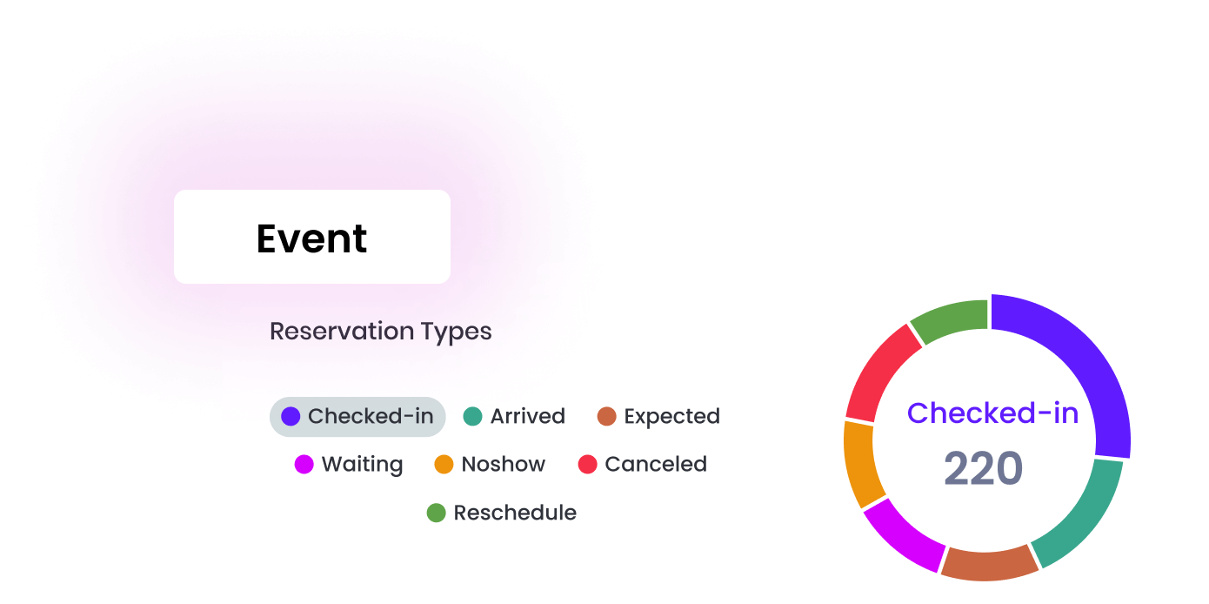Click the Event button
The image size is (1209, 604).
click(x=312, y=237)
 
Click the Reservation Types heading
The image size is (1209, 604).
click(x=380, y=332)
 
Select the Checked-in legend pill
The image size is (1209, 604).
click(x=357, y=417)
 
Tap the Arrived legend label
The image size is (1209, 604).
click(x=514, y=417)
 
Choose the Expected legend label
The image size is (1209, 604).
click(x=658, y=417)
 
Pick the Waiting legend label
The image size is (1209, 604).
click(x=349, y=464)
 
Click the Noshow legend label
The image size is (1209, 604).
click(x=490, y=464)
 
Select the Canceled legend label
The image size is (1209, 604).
click(x=642, y=464)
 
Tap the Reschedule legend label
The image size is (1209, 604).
click(x=501, y=513)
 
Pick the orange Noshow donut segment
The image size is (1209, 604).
click(x=860, y=464)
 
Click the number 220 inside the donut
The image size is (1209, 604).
click(x=984, y=468)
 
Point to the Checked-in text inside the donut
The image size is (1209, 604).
click(x=992, y=413)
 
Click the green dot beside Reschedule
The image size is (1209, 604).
click(x=436, y=513)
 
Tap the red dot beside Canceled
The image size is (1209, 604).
click(x=587, y=464)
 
